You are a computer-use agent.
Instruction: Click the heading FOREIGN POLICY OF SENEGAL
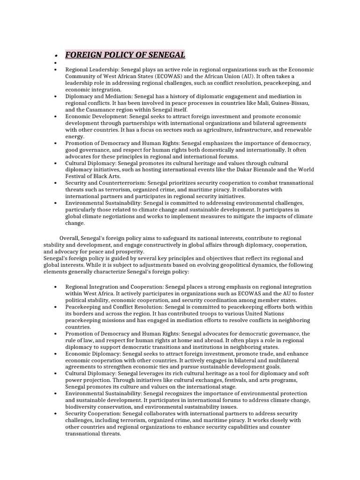pos(125,54)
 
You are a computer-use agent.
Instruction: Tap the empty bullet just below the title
pos(55,62)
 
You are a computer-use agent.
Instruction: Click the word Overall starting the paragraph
pos(69,239)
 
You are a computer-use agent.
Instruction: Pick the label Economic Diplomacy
pos(92,353)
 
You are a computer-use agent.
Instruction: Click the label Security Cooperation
pos(93,413)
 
